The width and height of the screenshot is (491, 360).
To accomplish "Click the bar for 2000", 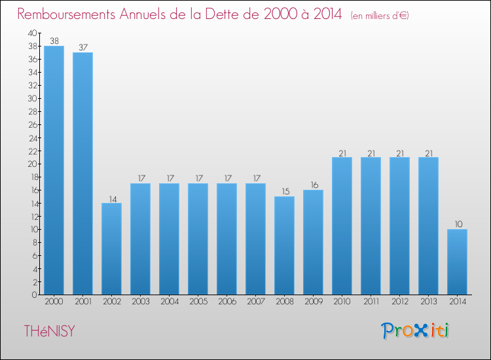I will click(x=54, y=170).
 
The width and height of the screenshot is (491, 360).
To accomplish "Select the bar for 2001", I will click(x=82, y=173).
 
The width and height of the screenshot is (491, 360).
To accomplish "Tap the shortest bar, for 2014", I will click(x=457, y=262).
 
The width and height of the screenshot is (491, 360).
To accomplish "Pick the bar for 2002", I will click(x=111, y=249).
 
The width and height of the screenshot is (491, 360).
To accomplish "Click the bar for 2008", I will click(x=284, y=245).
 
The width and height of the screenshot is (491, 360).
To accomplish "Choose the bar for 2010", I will click(x=342, y=226).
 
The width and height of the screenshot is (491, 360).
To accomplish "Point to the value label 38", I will click(x=54, y=41).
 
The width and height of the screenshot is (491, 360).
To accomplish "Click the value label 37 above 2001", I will click(x=82, y=47).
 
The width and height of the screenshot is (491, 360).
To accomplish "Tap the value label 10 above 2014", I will click(x=457, y=224).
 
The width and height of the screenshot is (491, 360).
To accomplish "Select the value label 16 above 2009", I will click(x=313, y=185).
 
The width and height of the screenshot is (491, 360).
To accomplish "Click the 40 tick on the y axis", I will click(x=33, y=33).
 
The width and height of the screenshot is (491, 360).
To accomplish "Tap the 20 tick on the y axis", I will click(x=33, y=164).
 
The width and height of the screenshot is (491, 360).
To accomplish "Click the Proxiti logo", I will click(x=415, y=331).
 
